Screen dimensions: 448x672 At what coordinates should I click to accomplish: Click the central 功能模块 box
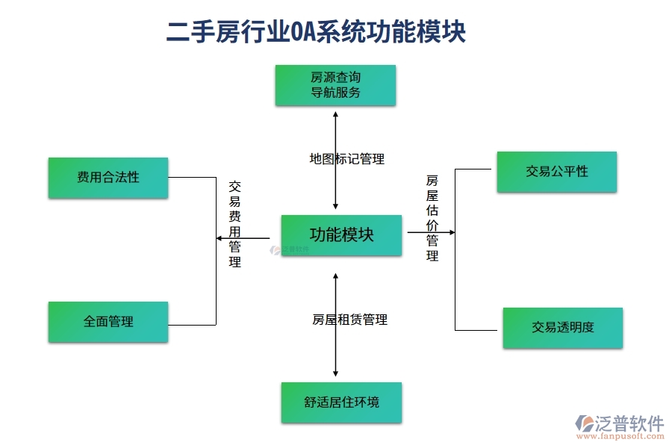click(341, 235)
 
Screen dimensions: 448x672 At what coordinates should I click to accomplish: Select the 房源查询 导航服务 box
click(335, 85)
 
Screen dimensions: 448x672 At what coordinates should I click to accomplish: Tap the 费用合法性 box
click(108, 178)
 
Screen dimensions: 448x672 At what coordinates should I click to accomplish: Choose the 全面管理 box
click(108, 322)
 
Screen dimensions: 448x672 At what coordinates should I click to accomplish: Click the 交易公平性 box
click(556, 172)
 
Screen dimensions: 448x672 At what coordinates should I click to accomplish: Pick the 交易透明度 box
click(562, 328)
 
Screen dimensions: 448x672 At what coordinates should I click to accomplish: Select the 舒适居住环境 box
click(341, 402)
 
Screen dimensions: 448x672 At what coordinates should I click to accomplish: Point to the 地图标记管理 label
click(346, 159)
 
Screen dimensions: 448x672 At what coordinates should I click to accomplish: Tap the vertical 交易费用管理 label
click(234, 224)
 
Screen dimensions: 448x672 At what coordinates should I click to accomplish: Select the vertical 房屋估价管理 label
click(432, 218)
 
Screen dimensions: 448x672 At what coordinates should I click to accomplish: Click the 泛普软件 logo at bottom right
click(620, 423)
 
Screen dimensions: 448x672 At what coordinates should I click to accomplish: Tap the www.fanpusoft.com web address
click(626, 438)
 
